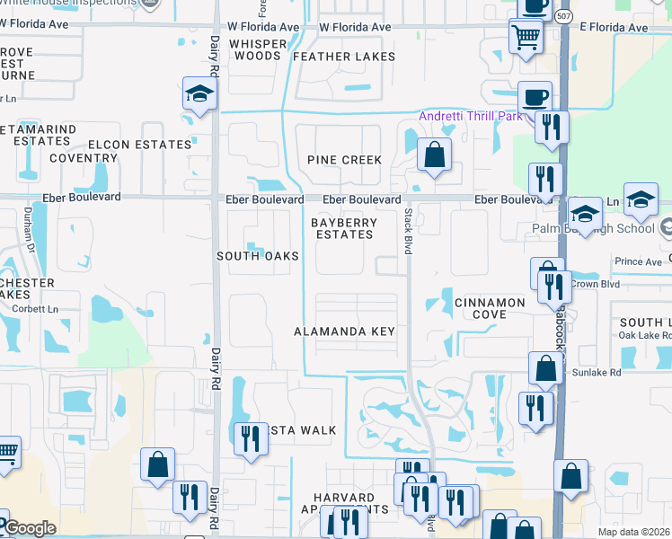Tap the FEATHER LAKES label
(344, 57)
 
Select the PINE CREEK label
(345, 160)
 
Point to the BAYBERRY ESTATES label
(342, 228)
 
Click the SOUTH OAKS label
(258, 256)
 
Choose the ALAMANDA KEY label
(345, 331)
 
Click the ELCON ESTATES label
(139, 145)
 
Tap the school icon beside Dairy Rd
(199, 93)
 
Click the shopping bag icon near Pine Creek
(434, 155)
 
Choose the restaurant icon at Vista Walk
(249, 438)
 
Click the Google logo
(29, 528)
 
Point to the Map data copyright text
(634, 532)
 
